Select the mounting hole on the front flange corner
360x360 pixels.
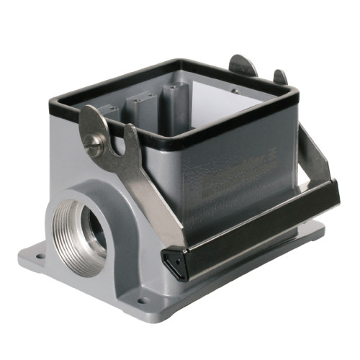coord(142,300)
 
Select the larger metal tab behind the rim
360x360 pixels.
coord(243,66)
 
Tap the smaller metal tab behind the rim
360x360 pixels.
coord(279,76)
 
